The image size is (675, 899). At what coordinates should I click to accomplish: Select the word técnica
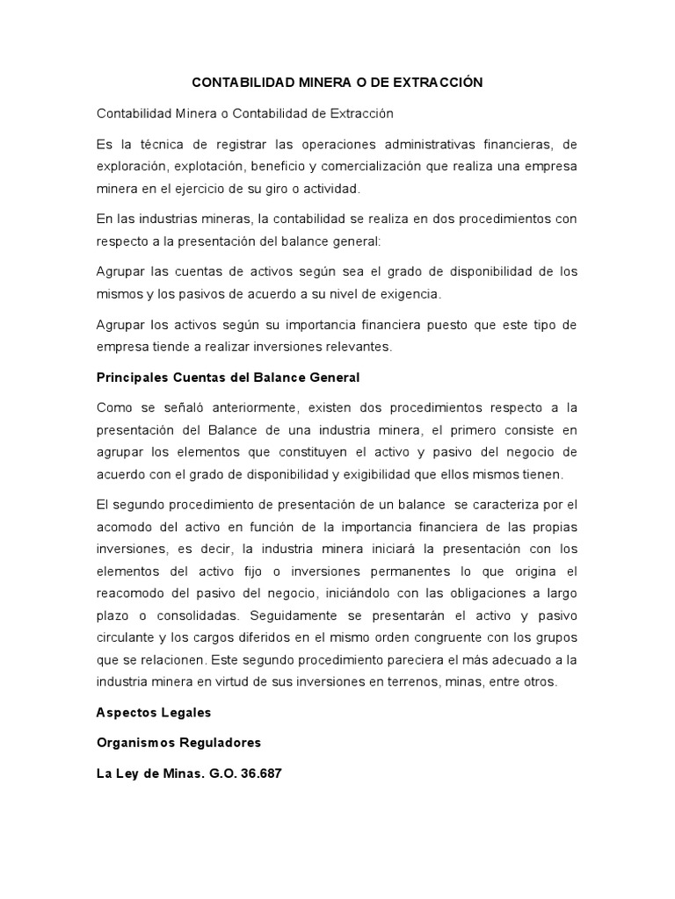159,144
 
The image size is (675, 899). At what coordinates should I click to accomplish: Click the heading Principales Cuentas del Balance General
229,378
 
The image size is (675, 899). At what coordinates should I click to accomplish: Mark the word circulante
128,636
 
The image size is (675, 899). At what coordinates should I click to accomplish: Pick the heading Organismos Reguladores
178,743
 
